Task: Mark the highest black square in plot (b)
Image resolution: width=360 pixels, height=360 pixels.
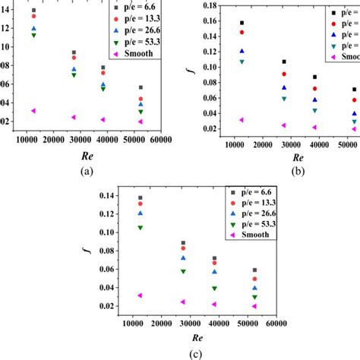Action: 242,24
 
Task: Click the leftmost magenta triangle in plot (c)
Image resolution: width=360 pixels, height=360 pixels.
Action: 140,295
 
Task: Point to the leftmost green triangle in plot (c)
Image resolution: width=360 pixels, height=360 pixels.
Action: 140,227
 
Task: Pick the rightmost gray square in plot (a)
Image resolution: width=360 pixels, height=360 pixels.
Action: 141,88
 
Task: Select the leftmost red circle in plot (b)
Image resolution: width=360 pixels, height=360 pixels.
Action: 242,33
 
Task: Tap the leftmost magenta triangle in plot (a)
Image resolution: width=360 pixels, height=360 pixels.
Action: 33,111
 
